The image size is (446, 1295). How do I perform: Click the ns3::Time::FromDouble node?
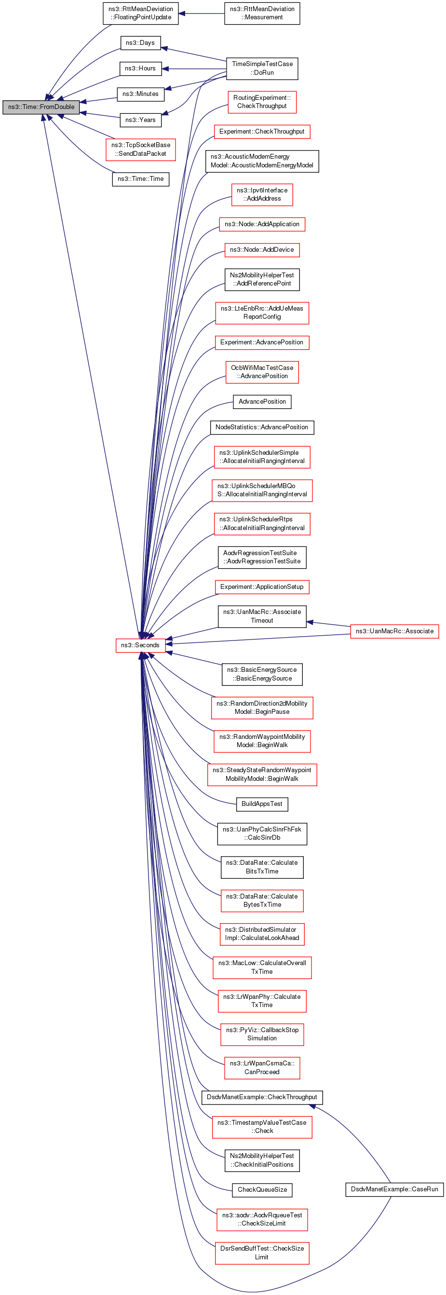coord(41,107)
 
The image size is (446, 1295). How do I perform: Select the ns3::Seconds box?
coord(140,645)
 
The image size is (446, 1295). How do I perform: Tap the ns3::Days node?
coord(140,43)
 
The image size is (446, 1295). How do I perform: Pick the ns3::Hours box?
coord(140,68)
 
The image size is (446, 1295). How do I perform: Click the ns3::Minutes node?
coord(140,94)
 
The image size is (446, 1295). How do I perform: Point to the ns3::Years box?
coord(140,120)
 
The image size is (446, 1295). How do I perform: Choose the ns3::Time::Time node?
coord(140,179)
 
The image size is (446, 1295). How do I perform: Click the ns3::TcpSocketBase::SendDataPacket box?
coord(140,150)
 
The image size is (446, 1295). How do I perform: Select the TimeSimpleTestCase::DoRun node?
coord(262,68)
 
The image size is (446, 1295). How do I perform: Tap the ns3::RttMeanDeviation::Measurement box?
coord(262,13)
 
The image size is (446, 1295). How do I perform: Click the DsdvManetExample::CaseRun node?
coord(394,1189)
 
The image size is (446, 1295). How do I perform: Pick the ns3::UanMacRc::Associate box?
coord(394,631)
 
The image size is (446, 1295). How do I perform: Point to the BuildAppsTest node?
coord(262,804)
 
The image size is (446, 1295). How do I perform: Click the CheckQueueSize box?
coord(262,1189)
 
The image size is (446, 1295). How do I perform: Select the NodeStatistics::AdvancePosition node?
coord(262,427)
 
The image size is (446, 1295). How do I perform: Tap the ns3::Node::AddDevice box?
coord(262,250)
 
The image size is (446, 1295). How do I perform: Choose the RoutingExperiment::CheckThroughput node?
coord(262,102)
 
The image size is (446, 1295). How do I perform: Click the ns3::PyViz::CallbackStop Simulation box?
coord(262,1034)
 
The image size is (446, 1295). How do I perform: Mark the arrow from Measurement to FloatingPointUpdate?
coord(201,14)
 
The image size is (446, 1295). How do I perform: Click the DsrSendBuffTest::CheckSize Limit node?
coord(262,1252)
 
